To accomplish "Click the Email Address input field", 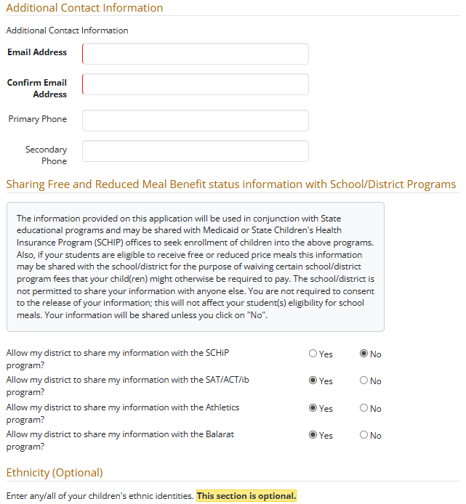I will pyautogui.click(x=196, y=54).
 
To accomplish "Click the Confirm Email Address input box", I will pyautogui.click(x=196, y=84).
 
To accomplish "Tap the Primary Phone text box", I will pyautogui.click(x=196, y=121).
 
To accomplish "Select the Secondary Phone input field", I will pyautogui.click(x=196, y=151).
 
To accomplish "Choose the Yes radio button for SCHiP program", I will pyautogui.click(x=313, y=354).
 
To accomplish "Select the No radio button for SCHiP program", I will pyautogui.click(x=364, y=354).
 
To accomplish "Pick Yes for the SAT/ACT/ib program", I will pyautogui.click(x=313, y=381).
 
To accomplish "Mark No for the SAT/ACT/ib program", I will pyautogui.click(x=364, y=381).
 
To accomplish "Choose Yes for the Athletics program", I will pyautogui.click(x=313, y=408).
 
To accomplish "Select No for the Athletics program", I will pyautogui.click(x=364, y=408).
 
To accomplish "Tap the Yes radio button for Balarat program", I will pyautogui.click(x=313, y=435).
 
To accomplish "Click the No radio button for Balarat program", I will pyautogui.click(x=364, y=435).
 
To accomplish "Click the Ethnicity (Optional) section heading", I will pyautogui.click(x=55, y=473).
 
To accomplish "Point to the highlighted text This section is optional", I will pyautogui.click(x=246, y=496).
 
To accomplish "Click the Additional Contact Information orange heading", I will pyautogui.click(x=84, y=8).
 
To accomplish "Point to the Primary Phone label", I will pyautogui.click(x=37, y=119).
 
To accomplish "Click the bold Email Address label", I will pyautogui.click(x=37, y=52).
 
